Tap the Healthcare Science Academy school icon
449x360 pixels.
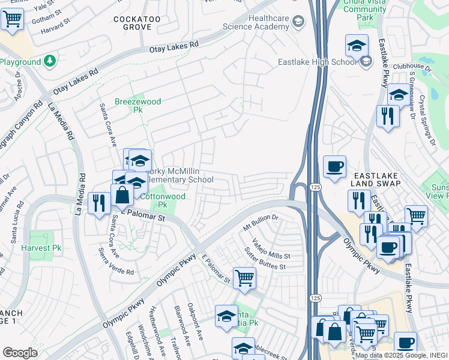[298, 23]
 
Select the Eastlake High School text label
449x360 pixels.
[318, 62]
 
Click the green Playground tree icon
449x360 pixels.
[49, 61]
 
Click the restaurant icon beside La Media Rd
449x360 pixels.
[98, 202]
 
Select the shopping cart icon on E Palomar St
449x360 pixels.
[244, 277]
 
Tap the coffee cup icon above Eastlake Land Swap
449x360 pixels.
[334, 166]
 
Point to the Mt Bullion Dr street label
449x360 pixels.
[261, 224]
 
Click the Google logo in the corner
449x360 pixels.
[20, 353]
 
